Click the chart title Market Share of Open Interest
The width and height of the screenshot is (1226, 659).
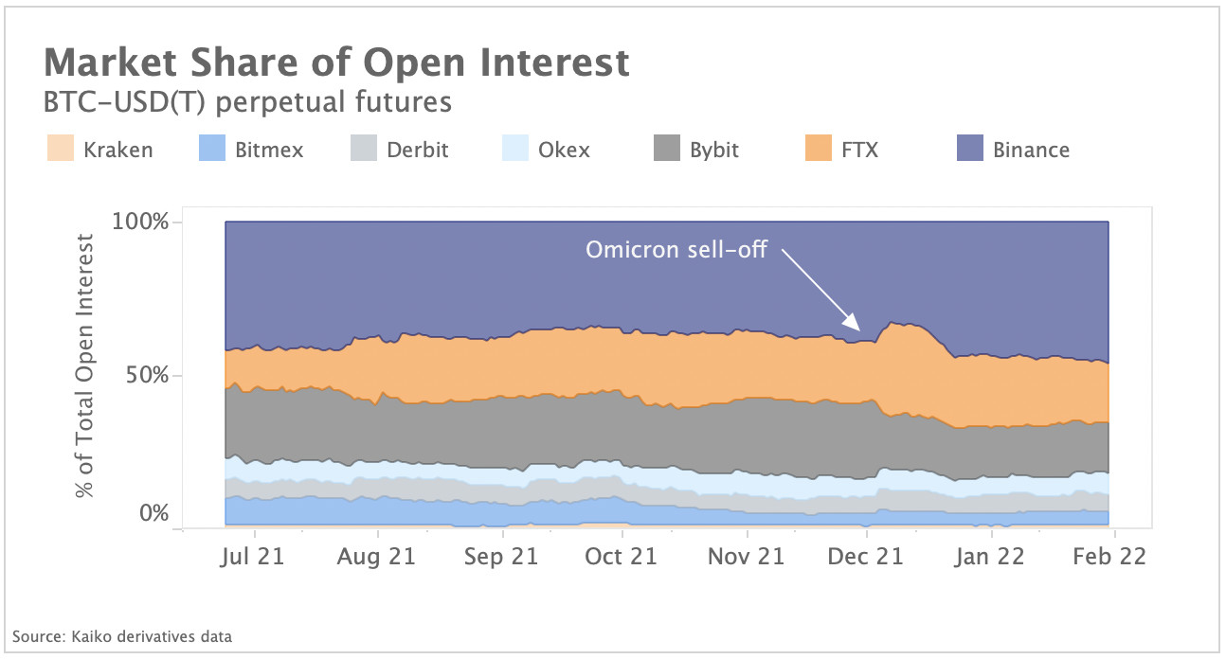[x=336, y=62]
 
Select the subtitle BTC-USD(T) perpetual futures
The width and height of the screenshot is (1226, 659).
[x=247, y=101]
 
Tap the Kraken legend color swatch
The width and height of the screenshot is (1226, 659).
[x=61, y=149]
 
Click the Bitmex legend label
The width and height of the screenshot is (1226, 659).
[x=268, y=150]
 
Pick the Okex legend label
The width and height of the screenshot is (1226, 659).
[x=564, y=150]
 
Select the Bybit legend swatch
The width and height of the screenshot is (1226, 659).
[x=667, y=149]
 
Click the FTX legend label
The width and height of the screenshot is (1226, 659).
[x=858, y=150]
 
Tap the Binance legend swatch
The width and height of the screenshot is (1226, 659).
[x=970, y=149]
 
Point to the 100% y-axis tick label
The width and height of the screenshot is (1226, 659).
[x=139, y=223]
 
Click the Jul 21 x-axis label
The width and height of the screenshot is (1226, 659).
[x=254, y=557]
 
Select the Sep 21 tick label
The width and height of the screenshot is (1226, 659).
[x=499, y=557]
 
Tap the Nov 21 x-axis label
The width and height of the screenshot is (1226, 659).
[x=746, y=557]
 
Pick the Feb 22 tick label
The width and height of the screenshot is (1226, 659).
[x=1109, y=557]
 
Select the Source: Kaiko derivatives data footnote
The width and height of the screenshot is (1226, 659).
[x=122, y=636]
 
